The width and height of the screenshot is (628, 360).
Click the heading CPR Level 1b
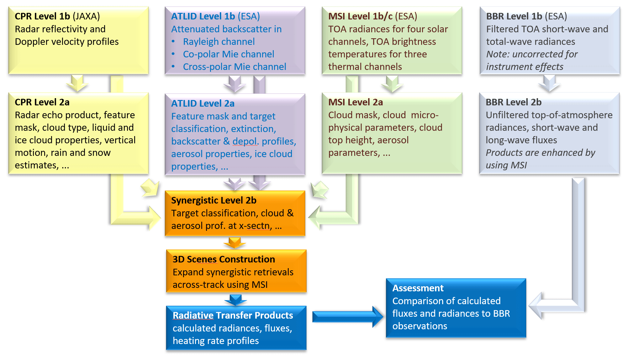[x=42, y=16]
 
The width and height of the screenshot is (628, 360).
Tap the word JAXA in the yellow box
[x=86, y=16]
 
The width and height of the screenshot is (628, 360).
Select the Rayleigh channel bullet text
[x=219, y=42]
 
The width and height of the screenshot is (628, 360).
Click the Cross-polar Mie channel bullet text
[x=234, y=67]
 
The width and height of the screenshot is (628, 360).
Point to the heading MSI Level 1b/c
[x=360, y=16]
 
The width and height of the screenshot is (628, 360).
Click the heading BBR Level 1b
[x=514, y=16]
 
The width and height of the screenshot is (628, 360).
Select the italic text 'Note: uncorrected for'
[x=532, y=54]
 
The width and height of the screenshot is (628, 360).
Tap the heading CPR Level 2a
[x=42, y=102]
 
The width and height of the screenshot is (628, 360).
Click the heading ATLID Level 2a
[x=203, y=103]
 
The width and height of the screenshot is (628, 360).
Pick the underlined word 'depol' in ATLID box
[x=245, y=141]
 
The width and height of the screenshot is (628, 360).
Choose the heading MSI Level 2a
[x=356, y=102]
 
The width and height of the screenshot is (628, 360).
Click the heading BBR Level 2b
[x=514, y=102]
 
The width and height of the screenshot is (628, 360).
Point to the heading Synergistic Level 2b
[x=214, y=200]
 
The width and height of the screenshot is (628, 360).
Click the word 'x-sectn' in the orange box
[x=255, y=226]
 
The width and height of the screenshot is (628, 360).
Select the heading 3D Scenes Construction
[x=224, y=259]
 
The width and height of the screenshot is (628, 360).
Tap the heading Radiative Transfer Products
[x=233, y=315]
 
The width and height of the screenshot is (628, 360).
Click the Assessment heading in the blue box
[x=418, y=288]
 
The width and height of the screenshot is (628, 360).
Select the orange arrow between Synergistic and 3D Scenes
[x=235, y=242]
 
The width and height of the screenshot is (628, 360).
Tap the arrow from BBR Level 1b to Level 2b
[x=549, y=83]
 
